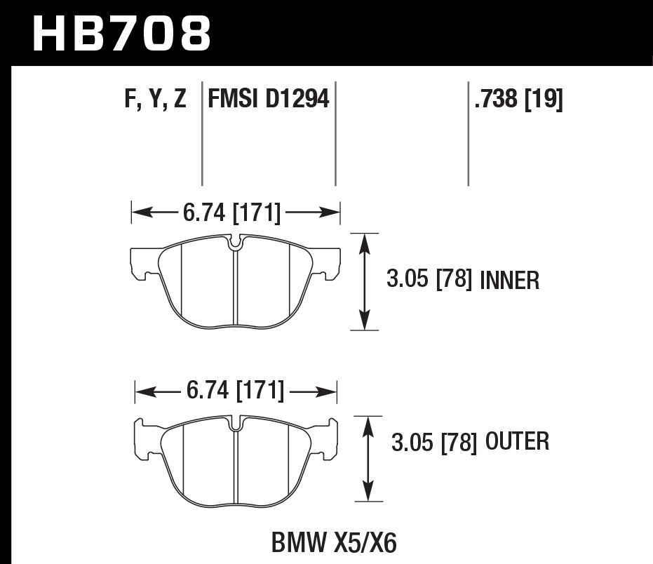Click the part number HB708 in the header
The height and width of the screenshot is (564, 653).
coord(121,33)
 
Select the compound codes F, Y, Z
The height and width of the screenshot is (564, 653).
coord(155,100)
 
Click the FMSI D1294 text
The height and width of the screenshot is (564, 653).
coord(268,100)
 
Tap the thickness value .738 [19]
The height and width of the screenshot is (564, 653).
coord(518,100)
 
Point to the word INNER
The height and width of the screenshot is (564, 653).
coord(510,281)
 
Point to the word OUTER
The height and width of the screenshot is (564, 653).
coord(516,441)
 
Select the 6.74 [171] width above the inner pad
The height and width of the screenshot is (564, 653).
coord(232,213)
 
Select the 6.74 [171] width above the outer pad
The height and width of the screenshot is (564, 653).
coord(236,391)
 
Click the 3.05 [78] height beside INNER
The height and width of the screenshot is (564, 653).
coord(429,281)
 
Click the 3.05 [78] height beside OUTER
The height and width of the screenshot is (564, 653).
coord(433,442)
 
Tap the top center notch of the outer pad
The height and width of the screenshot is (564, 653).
coord(236,423)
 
